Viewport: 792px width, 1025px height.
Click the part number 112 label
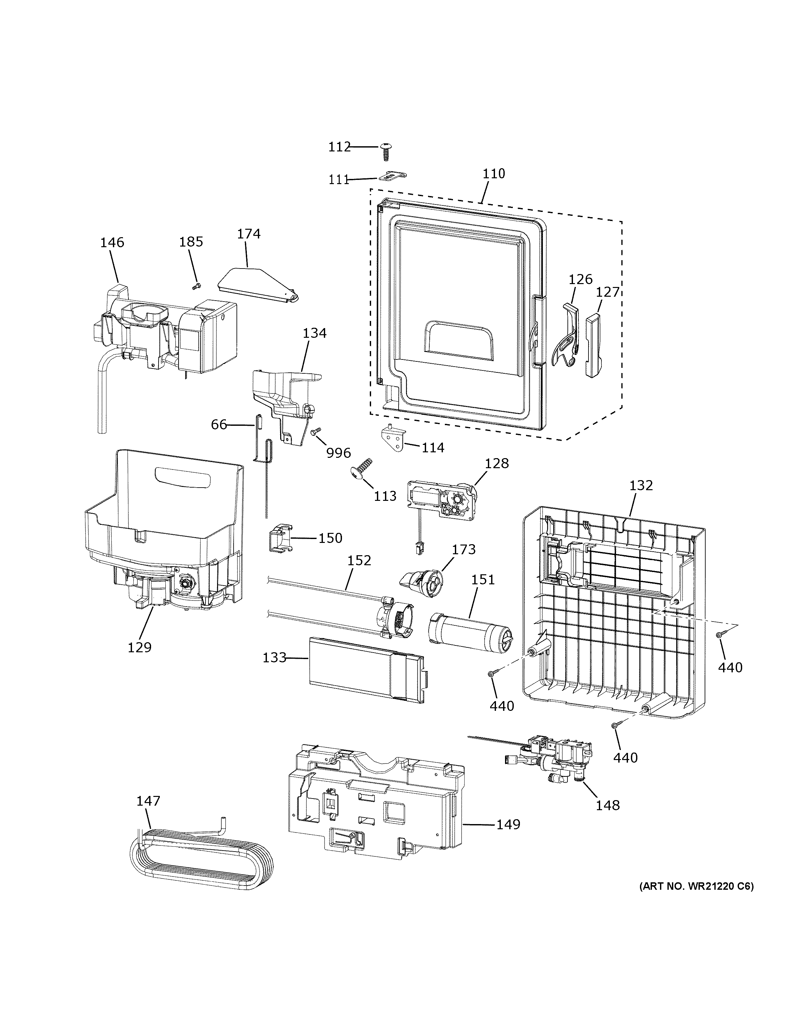[x=339, y=147]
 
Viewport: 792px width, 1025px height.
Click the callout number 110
[x=494, y=174]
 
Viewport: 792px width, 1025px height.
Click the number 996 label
[x=338, y=453]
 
